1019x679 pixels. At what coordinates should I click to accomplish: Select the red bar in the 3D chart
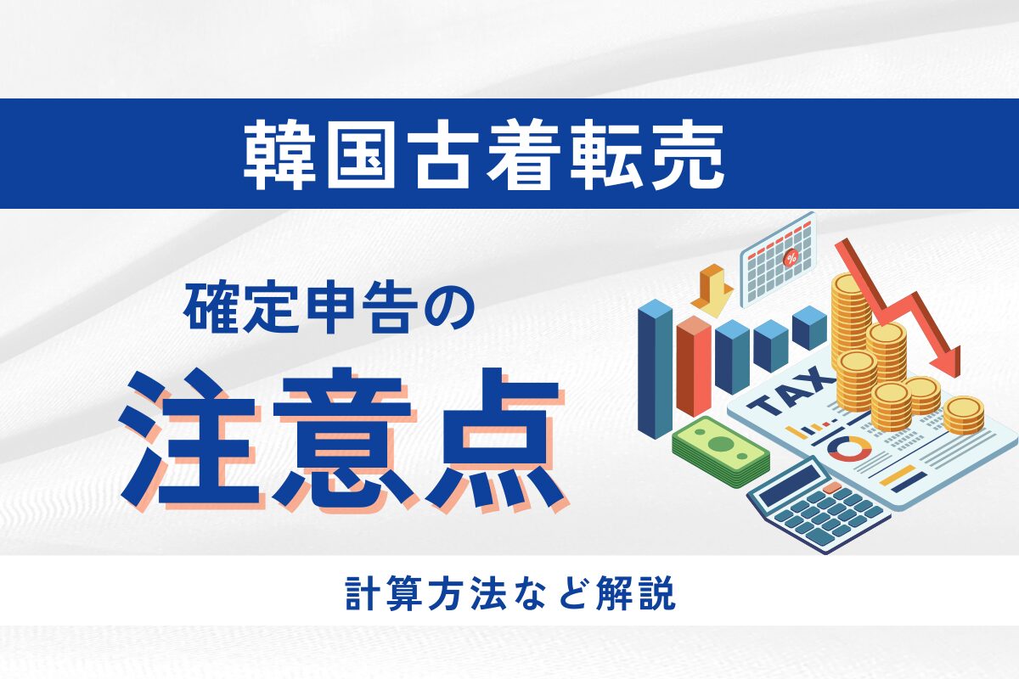click(x=694, y=365)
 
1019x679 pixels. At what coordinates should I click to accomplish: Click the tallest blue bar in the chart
click(x=655, y=369)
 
